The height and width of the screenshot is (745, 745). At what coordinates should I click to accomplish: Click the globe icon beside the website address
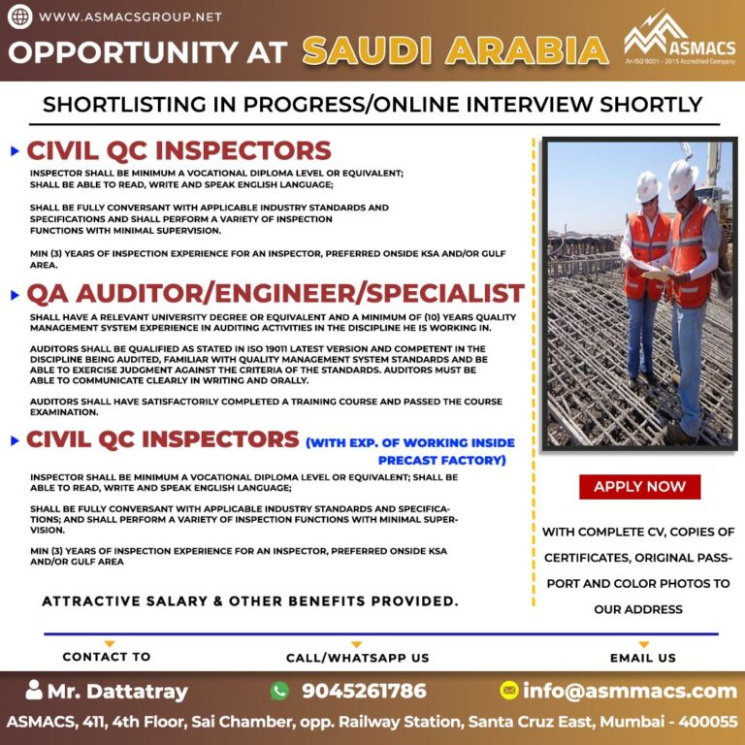click(19, 16)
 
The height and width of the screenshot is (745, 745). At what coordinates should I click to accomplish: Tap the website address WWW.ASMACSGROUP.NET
click(131, 16)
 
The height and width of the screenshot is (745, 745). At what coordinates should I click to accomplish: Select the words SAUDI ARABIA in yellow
click(456, 49)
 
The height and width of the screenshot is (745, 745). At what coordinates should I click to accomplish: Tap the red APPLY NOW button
click(639, 487)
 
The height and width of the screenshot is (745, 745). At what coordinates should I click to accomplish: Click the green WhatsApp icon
click(280, 691)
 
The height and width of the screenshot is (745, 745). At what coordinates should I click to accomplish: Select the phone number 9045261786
click(364, 691)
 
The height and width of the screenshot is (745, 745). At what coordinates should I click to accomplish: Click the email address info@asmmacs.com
click(630, 691)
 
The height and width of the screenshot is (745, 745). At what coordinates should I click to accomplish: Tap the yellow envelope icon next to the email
click(508, 691)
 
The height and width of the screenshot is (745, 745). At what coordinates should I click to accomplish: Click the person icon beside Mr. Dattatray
click(35, 691)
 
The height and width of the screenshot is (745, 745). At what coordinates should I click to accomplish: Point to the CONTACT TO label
click(107, 657)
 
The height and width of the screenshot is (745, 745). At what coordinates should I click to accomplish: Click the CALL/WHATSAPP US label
click(357, 658)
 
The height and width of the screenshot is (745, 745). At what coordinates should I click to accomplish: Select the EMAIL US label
click(643, 658)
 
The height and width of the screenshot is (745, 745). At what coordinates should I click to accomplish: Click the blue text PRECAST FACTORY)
click(441, 460)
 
